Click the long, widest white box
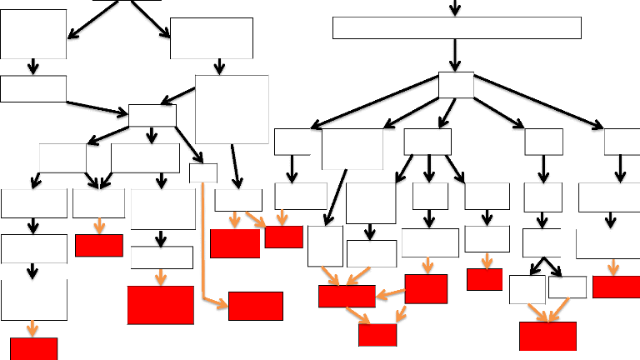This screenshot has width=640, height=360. [x=457, y=27]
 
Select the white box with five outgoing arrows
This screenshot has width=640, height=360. [x=456, y=85]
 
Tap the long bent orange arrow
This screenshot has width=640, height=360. [x=204, y=250]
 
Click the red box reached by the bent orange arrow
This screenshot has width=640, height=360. [x=255, y=306]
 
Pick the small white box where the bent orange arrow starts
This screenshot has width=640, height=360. [x=203, y=172]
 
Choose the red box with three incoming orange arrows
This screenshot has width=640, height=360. [x=347, y=296]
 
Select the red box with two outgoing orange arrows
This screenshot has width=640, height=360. [x=426, y=288]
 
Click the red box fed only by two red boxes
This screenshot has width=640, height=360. [x=377, y=334]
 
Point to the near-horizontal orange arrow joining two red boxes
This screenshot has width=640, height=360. [x=389, y=294]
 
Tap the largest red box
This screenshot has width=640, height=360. [x=161, y=305]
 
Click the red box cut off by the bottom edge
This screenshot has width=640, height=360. [x=33, y=348]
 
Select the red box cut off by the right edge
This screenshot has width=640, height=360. [x=616, y=287]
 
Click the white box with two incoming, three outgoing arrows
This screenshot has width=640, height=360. [x=152, y=115]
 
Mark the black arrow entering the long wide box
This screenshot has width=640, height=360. [x=455, y=8]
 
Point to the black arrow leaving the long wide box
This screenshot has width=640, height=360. [x=456, y=55]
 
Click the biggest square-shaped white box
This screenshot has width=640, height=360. [x=232, y=109]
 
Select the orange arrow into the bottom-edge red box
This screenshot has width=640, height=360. [x=33, y=328]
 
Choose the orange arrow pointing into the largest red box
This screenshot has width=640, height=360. [x=161, y=277]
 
